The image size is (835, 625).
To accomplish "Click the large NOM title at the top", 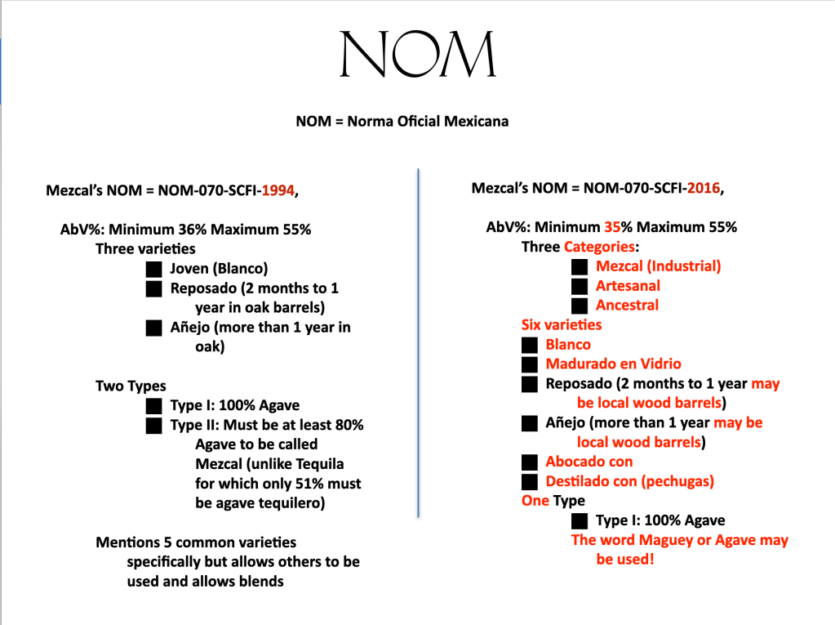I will [x=417, y=56].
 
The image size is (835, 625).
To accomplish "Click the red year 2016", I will [x=704, y=188].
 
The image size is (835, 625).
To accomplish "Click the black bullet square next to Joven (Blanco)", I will [x=153, y=269].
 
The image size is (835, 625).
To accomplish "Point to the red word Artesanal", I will [x=628, y=286].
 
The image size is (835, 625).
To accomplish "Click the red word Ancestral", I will [x=627, y=306].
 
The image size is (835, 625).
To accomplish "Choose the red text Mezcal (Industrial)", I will [x=658, y=266].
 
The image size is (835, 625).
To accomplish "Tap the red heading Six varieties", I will [x=562, y=325].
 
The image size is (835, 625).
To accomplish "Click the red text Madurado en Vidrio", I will [x=613, y=364].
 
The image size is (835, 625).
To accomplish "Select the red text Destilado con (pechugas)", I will [x=629, y=482].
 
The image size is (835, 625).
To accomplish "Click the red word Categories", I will [x=598, y=247].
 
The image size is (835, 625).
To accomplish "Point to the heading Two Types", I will [x=131, y=386].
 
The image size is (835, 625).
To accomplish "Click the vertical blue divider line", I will [x=418, y=343].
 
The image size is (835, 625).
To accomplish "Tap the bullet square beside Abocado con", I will [x=531, y=462].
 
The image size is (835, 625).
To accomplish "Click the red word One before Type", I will [x=535, y=501].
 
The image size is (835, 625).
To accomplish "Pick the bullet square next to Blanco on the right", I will [x=531, y=345].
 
